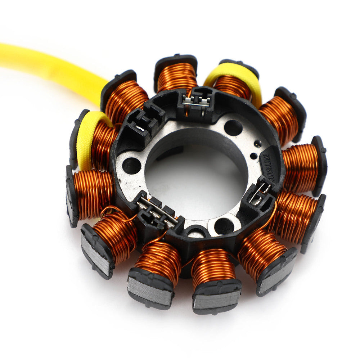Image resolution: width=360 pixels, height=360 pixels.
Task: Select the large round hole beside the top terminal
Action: tap(233, 127)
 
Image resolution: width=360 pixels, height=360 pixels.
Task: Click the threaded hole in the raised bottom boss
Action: tap(224, 226)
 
